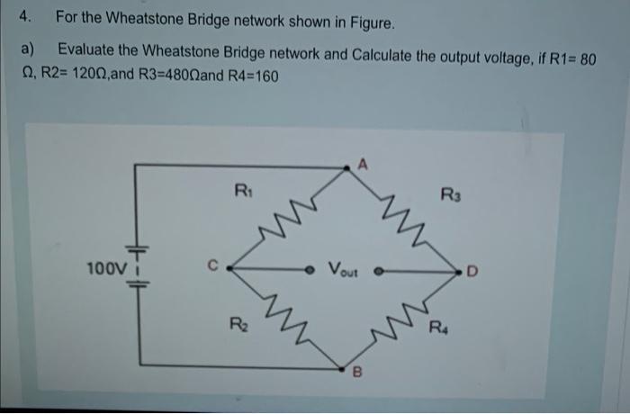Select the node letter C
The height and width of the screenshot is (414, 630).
point(212,265)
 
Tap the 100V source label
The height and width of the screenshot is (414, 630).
point(103,268)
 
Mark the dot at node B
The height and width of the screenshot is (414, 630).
point(341,368)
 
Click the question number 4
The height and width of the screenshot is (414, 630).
point(28,17)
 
